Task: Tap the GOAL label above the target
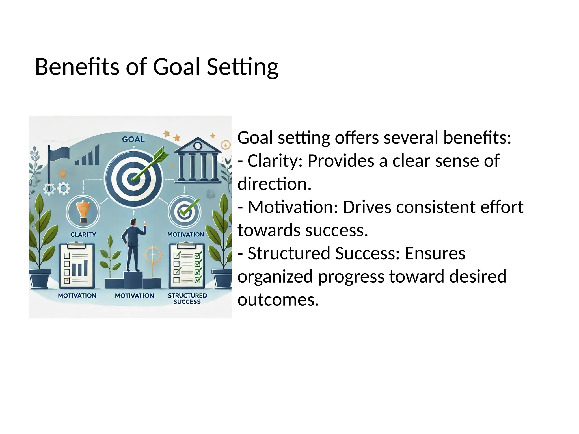coord(133,139)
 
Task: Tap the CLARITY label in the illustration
coord(83,235)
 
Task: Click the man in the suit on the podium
coord(133,244)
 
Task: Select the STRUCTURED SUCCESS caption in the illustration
coord(187,299)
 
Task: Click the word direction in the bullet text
coord(274,184)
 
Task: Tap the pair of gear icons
coord(56,189)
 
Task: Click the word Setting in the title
coord(243,67)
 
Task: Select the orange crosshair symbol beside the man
coord(153,254)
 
